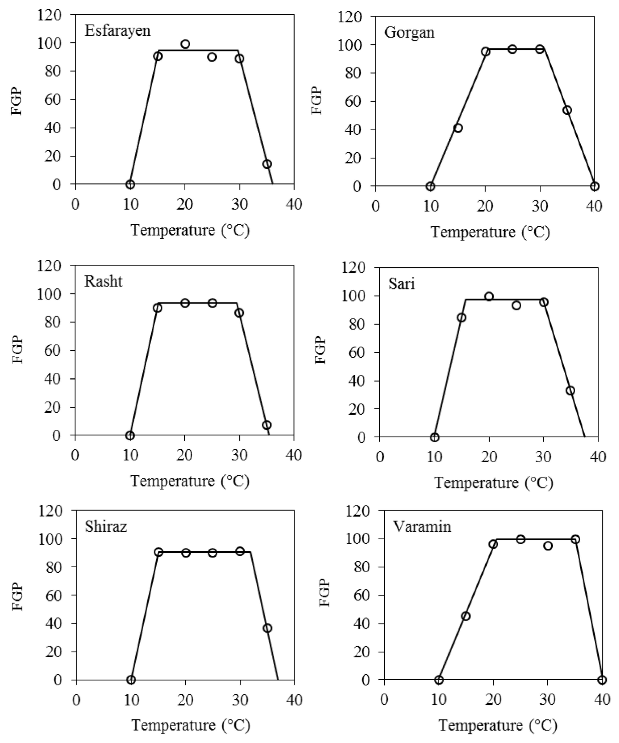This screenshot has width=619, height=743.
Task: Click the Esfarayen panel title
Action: pyautogui.click(x=117, y=31)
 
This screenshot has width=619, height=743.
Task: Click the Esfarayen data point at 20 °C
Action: pyautogui.click(x=185, y=44)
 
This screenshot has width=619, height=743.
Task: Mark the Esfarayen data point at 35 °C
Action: pyautogui.click(x=267, y=164)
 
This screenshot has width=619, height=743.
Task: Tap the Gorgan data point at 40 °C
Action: pyautogui.click(x=595, y=187)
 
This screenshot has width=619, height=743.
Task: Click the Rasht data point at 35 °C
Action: pyautogui.click(x=267, y=425)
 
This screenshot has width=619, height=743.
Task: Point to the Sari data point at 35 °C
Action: pyautogui.click(x=571, y=391)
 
